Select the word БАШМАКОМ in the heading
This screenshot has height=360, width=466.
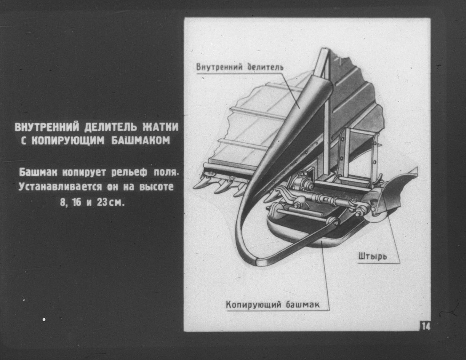pos(141,141)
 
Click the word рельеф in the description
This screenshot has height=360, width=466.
pos(129,172)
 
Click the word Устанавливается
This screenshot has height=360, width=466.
pos(60,187)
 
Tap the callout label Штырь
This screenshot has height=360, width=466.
pos(373,256)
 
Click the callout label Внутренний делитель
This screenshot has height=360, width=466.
pos(240,67)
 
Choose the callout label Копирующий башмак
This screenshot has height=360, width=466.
pos(273,304)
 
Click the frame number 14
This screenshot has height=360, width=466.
pos(425,327)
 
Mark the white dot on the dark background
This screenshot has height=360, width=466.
pos(44,319)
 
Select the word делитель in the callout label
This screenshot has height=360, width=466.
pos(265,67)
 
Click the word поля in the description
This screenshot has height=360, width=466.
pos(166,172)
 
